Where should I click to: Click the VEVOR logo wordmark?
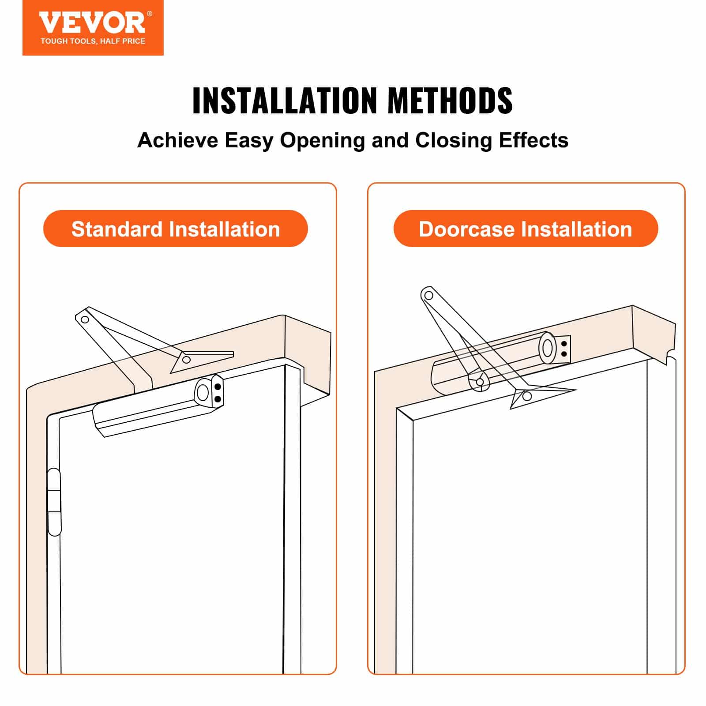(92, 23)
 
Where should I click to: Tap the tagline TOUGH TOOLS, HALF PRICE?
(93, 41)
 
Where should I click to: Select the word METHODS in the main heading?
(450, 101)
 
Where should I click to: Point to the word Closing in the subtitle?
(453, 140)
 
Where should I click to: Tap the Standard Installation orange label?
(175, 229)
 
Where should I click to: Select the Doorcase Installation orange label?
(525, 229)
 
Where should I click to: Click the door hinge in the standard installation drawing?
(54, 502)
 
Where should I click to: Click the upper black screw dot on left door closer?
(218, 387)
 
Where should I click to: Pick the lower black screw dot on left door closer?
(218, 399)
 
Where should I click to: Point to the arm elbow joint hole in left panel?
(85, 319)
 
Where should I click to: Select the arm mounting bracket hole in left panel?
(186, 360)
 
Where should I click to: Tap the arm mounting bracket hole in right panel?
(526, 396)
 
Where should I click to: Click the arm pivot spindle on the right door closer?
(480, 382)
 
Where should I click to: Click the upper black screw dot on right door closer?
(564, 344)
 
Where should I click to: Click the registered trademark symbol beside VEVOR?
(149, 14)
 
